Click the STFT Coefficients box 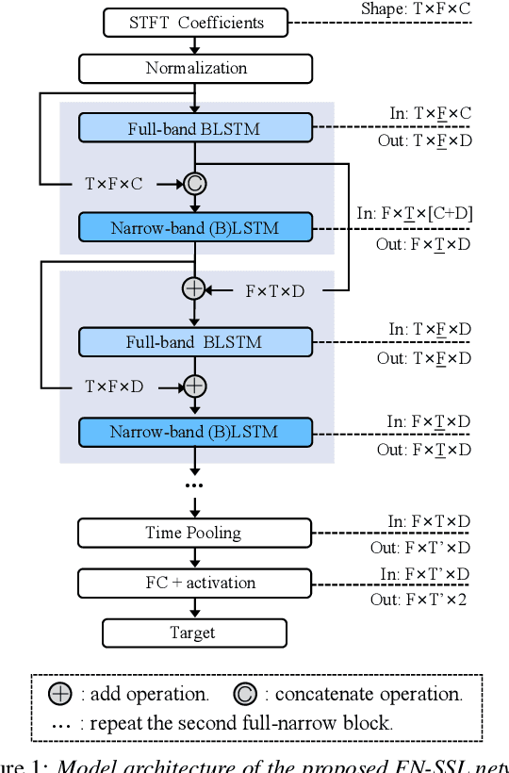(x=196, y=22)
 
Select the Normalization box (x=196, y=68)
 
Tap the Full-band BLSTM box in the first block (x=195, y=129)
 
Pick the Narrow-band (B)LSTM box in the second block (x=194, y=432)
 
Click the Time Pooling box (x=193, y=533)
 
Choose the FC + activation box (x=193, y=583)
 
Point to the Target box (x=193, y=633)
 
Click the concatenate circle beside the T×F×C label (x=194, y=184)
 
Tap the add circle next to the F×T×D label (x=193, y=289)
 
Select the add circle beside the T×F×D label (x=194, y=386)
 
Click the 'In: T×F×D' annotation (x=430, y=329)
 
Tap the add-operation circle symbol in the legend (x=60, y=695)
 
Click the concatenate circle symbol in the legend (x=245, y=695)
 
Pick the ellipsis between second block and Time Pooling (x=193, y=485)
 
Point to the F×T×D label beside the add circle (x=274, y=290)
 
